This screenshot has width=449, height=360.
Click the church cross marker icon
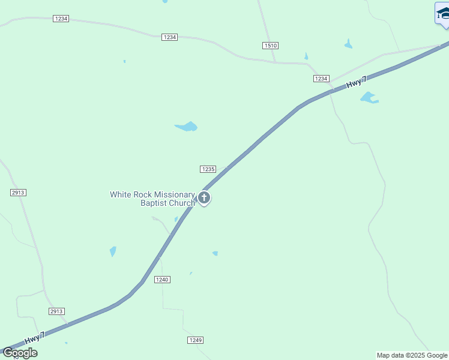pyautogui.click(x=204, y=197)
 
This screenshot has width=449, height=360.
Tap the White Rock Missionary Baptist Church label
pyautogui.click(x=152, y=199)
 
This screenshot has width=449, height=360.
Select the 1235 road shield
pyautogui.click(x=208, y=169)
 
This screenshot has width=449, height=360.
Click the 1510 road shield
pyautogui.click(x=270, y=46)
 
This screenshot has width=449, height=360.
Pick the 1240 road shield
pyautogui.click(x=162, y=280)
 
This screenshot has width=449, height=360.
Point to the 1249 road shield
pyautogui.click(x=195, y=340)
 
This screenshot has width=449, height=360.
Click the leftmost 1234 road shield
pyautogui.click(x=61, y=19)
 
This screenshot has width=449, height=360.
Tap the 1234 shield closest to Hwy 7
pyautogui.click(x=321, y=79)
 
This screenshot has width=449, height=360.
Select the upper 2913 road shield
pyautogui.click(x=18, y=193)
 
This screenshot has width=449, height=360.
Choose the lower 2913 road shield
pyautogui.click(x=56, y=311)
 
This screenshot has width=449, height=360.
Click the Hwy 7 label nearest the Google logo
pyautogui.click(x=35, y=338)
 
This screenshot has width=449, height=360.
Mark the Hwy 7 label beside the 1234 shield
pyautogui.click(x=356, y=83)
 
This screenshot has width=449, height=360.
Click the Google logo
pyautogui.click(x=20, y=353)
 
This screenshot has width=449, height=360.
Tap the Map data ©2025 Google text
pyautogui.click(x=412, y=355)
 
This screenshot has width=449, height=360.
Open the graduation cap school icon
pyautogui.click(x=443, y=13)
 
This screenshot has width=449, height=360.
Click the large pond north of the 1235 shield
pyautogui.click(x=187, y=127)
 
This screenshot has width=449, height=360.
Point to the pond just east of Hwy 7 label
pyautogui.click(x=369, y=97)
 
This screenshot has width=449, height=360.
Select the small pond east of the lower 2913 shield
pyautogui.click(x=113, y=251)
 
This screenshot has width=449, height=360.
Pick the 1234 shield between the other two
pyautogui.click(x=169, y=37)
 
